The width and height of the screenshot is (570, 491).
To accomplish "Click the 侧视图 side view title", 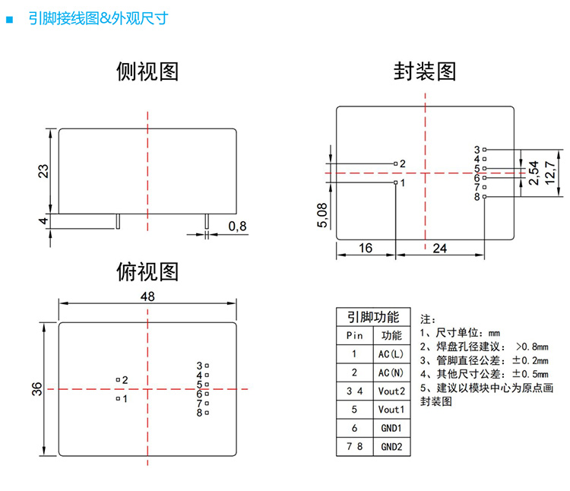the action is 147,71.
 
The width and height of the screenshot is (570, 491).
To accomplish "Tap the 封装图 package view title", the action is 425,71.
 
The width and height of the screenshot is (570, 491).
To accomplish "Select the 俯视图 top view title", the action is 147,272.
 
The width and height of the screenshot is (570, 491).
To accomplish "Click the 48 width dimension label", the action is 147,296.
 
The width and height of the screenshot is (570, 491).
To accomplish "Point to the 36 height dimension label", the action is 37,389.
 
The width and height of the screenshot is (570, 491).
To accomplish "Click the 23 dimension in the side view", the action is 43,171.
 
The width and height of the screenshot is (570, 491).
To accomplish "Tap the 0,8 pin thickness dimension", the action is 237,226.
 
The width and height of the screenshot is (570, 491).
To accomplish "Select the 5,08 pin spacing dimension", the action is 322,215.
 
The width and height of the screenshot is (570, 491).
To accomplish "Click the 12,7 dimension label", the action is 550,173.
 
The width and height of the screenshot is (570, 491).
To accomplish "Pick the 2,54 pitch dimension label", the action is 534,173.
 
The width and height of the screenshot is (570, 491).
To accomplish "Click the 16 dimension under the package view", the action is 366,249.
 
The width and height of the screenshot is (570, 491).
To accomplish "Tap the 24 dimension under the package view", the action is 439,249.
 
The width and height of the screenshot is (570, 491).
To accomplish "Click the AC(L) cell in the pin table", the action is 391,354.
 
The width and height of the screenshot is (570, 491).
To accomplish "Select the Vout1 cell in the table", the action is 391,410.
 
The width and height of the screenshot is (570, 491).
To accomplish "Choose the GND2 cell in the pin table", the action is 391,447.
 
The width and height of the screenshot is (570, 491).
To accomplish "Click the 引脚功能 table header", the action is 373,317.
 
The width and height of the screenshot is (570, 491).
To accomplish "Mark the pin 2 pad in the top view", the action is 118,380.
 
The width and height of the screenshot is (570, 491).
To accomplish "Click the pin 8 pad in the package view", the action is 485,197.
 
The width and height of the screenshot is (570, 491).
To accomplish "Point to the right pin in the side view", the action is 207,221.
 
